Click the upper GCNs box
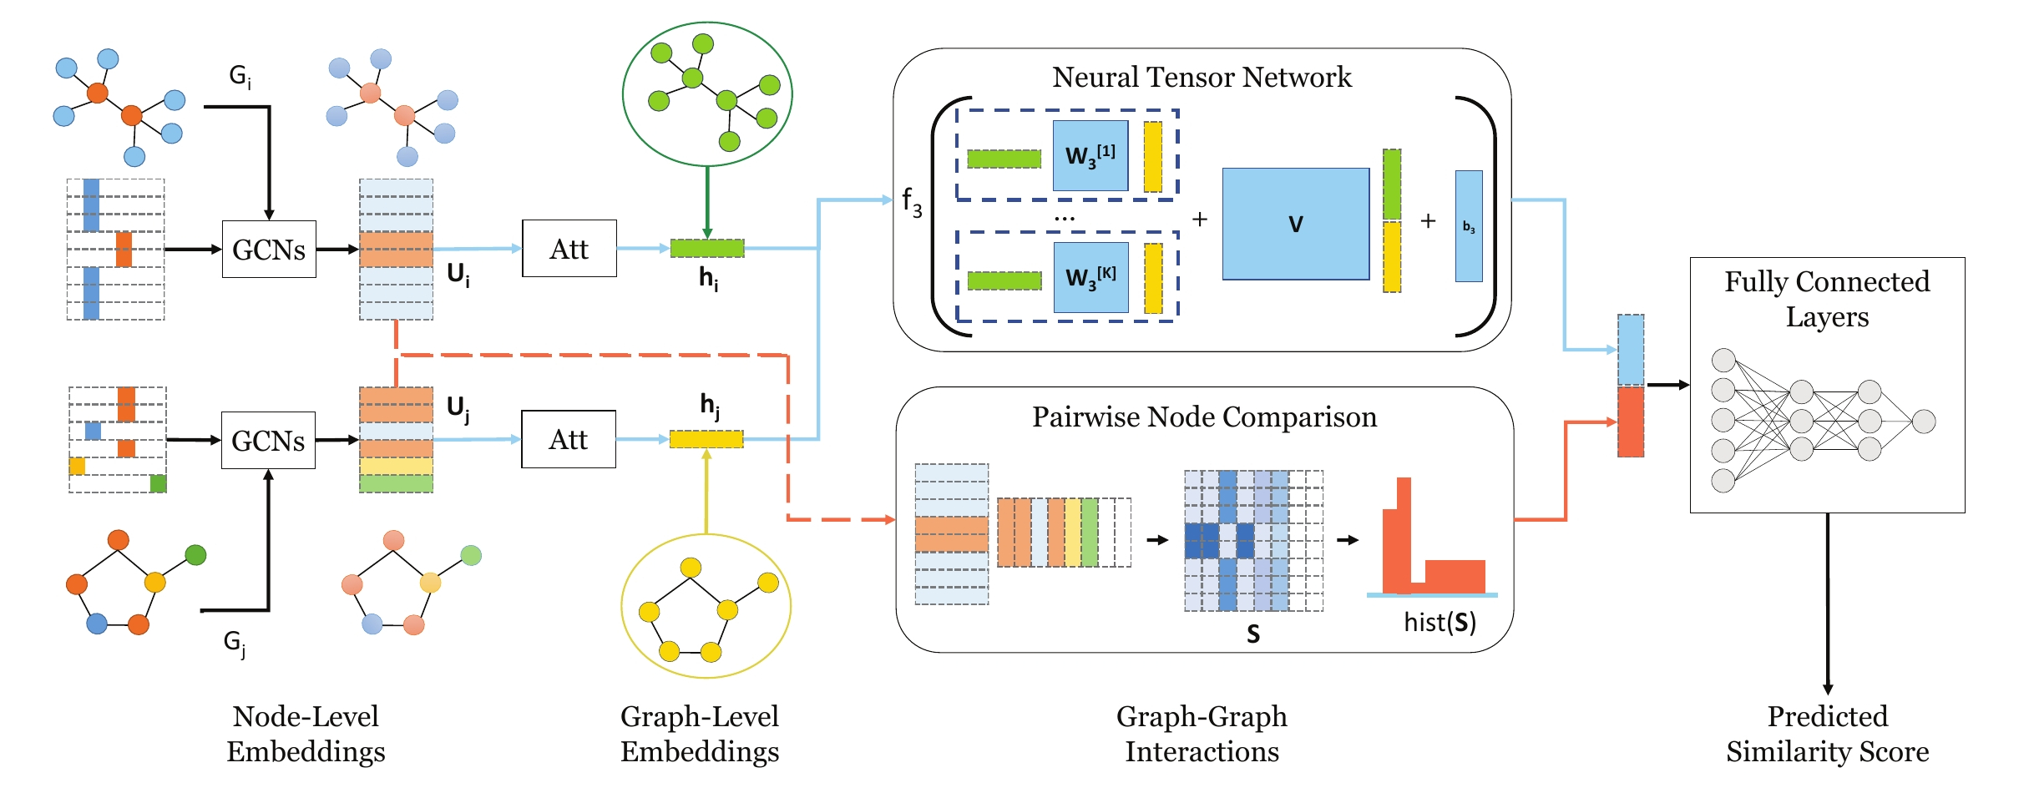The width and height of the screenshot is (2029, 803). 269,249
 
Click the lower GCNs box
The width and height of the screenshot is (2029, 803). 268,440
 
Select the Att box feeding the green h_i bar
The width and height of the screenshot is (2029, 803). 569,249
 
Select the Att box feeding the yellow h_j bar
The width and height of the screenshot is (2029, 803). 568,439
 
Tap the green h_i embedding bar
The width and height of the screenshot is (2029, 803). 706,248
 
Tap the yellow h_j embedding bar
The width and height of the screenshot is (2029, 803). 706,439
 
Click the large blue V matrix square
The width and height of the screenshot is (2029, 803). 1295,224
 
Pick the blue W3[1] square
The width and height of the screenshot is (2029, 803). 1090,156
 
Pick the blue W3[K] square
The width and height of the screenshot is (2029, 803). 1090,278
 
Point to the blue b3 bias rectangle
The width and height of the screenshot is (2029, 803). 1469,226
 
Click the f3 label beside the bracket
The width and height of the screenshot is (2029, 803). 912,202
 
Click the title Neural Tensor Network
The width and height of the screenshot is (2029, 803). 1202,77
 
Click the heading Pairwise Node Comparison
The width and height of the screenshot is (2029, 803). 1204,417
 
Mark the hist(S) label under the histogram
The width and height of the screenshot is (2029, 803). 1440,623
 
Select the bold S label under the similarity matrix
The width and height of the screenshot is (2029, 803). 1252,634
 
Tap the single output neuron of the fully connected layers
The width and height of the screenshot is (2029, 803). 1924,422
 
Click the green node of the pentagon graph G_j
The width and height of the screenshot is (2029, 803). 195,554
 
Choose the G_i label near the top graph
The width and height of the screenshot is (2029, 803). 240,77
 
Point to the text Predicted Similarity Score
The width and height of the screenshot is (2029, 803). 1827,734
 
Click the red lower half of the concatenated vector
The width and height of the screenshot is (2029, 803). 1630,422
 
